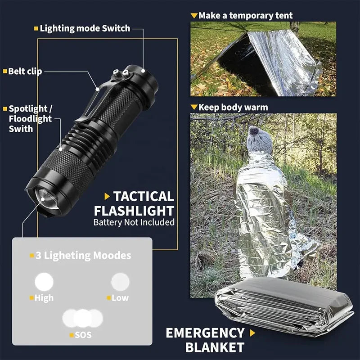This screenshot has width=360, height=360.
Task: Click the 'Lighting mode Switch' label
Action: click(85, 28)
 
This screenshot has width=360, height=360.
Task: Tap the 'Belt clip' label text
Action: click(25, 71)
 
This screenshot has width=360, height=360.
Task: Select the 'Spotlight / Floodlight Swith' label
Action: click(31, 119)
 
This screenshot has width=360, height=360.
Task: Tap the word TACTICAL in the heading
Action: click(143, 196)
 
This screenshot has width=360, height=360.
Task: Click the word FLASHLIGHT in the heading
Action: click(134, 211)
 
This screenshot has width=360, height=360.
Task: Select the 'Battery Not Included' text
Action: click(134, 222)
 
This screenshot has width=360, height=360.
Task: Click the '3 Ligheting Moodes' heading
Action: click(83, 256)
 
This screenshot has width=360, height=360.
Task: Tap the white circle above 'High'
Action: click(44, 282)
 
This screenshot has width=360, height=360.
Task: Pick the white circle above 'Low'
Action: click(120, 282)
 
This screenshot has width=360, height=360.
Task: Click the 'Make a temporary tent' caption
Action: click(245, 16)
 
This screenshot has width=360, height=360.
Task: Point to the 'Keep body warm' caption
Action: click(233, 108)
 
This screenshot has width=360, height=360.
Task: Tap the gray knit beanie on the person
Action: click(260, 140)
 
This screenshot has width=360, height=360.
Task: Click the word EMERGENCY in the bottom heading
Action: click(205, 333)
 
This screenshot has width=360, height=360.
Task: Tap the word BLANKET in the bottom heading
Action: click(215, 347)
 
